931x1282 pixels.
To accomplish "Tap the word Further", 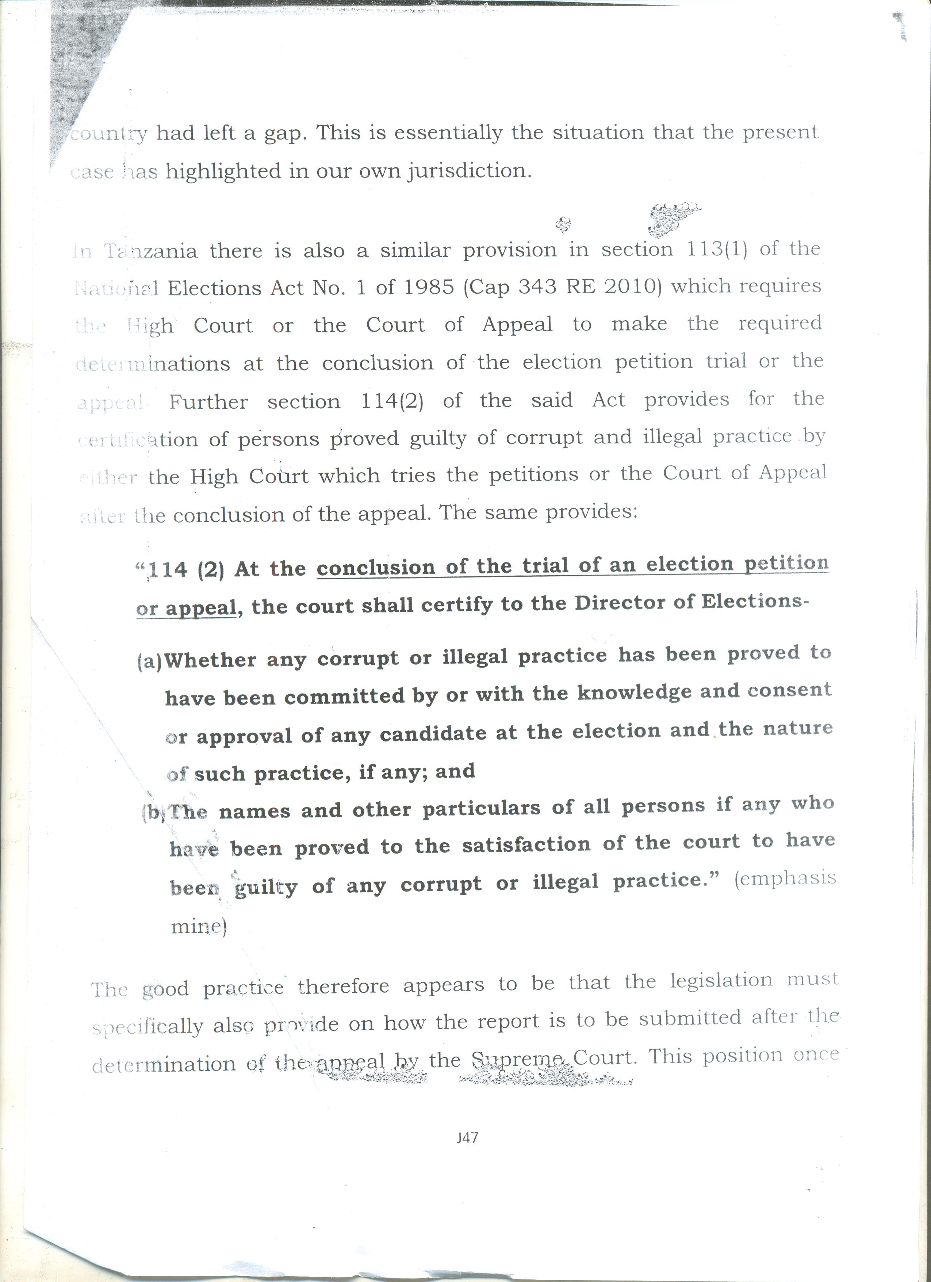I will pos(208,402).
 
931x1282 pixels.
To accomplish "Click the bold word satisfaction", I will pos(526,844).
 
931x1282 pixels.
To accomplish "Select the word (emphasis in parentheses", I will pos(785,878).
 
